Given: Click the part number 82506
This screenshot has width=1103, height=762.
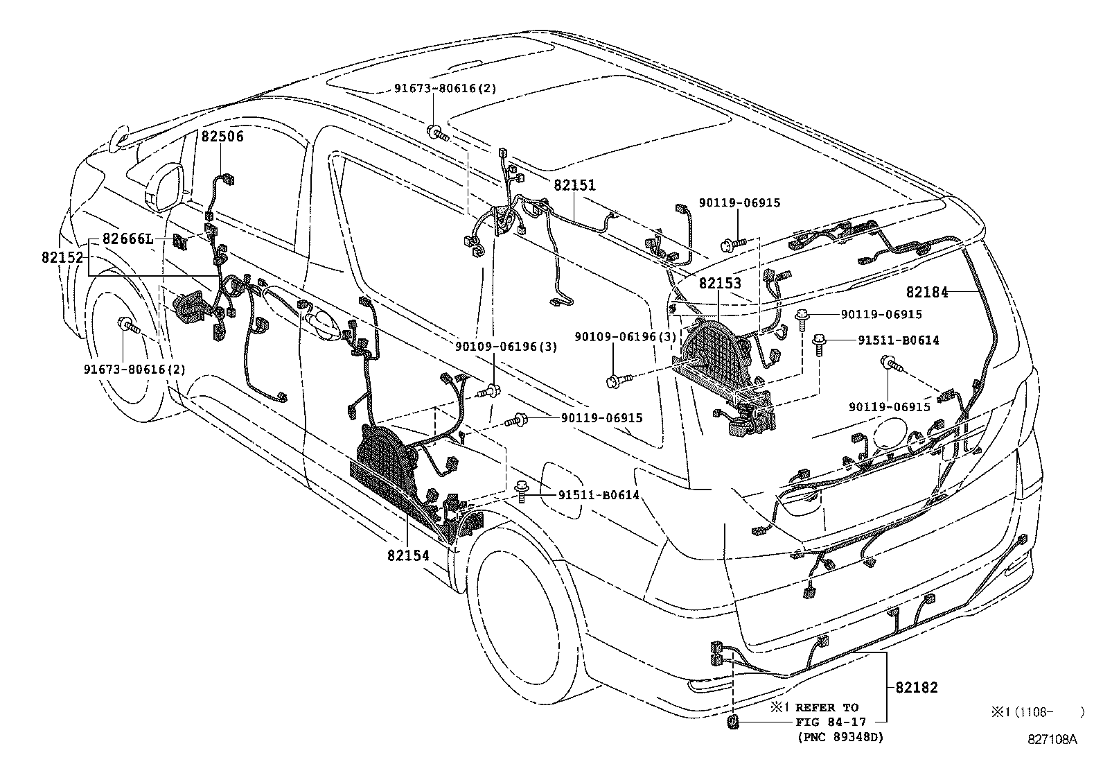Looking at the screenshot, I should pos(222,137).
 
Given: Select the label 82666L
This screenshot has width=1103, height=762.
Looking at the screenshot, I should pos(127,239).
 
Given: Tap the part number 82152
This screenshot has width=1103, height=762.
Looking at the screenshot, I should pos(62,257).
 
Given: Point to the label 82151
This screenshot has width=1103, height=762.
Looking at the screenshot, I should pos(574,186).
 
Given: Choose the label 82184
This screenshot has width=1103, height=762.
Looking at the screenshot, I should pos(926,293).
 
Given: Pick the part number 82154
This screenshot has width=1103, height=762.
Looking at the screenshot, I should pos(407,555).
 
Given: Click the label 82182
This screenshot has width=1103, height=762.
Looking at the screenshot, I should pos(916,687).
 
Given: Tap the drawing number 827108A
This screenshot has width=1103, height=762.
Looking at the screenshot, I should pos(1052,739).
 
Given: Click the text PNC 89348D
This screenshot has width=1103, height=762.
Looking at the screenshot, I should pos(840,736).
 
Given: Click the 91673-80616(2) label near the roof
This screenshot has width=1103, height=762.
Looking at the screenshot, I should pos(445,88).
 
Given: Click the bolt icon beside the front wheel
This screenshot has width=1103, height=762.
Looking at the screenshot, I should pos(127,324).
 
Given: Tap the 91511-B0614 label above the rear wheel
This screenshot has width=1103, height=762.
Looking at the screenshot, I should pos(598,494).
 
